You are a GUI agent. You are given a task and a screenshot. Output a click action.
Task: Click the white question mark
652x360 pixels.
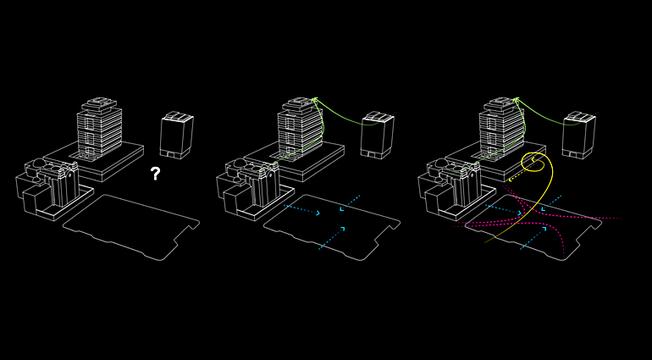click(155, 174)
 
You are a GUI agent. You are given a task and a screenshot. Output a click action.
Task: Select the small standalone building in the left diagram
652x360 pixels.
click(176, 136)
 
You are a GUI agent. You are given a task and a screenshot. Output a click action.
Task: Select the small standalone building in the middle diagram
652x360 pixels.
click(377, 136)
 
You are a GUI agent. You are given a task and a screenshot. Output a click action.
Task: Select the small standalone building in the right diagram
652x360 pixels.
click(577, 136)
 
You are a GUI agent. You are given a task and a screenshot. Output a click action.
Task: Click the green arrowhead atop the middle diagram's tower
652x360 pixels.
click(314, 101)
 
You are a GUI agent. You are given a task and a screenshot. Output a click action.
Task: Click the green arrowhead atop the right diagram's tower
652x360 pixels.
click(515, 101)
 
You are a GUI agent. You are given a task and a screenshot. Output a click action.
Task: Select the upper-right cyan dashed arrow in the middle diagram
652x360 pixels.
click(350, 203)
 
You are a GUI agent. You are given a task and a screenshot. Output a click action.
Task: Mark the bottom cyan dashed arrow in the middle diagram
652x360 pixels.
click(332, 237)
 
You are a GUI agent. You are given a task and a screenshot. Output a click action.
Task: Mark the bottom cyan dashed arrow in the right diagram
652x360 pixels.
click(533, 237)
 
